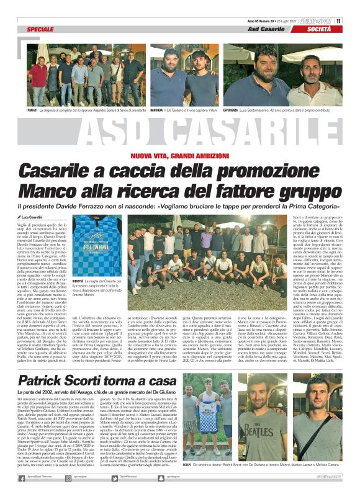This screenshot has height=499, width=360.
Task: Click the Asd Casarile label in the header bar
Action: (x=267, y=29)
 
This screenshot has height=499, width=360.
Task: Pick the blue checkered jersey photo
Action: (x=92, y=253)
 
